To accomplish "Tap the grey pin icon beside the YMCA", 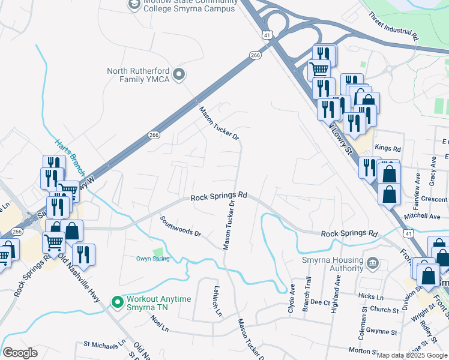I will point(178,74).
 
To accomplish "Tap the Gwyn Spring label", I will point(152,259).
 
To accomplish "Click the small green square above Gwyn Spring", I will point(158,251).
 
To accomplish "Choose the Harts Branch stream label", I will point(70,152).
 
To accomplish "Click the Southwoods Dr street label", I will point(181,226).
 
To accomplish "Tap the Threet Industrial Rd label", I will point(393,26).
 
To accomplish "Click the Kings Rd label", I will point(387,147).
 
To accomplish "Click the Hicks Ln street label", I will point(370,297).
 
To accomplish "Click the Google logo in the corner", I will point(20,352).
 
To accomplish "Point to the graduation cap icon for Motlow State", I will point(134,5).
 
